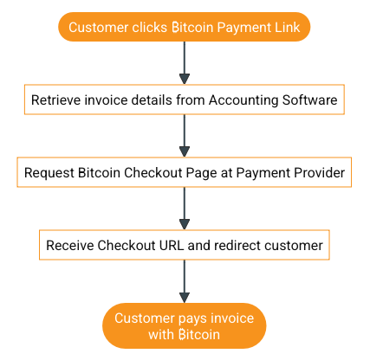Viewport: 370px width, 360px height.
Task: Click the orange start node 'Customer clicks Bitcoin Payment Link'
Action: point(185,27)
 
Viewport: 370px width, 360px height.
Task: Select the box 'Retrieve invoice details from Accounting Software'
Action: point(185,100)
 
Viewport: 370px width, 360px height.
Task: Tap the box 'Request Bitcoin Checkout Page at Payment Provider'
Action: point(185,172)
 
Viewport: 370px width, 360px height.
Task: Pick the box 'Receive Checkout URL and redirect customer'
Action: point(185,245)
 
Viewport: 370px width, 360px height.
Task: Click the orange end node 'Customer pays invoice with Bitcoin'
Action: point(185,325)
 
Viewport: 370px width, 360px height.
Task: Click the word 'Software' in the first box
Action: point(310,100)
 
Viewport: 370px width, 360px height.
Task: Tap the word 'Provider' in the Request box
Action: point(319,172)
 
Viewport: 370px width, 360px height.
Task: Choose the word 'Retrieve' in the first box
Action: point(57,100)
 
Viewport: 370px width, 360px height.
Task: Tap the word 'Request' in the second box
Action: point(50,172)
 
